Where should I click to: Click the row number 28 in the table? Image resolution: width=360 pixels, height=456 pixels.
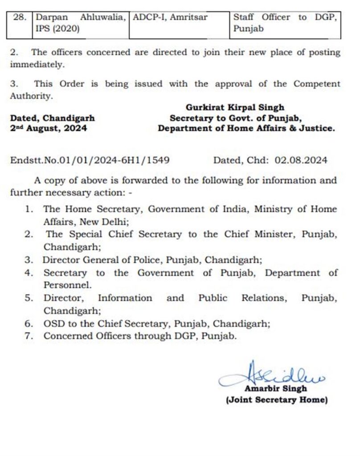[x=21, y=18]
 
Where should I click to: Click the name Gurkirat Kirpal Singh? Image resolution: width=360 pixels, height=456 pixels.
[x=235, y=107]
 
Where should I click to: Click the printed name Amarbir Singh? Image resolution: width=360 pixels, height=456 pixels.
[x=275, y=389]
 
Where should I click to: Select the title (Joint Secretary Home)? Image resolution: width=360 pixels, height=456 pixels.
[x=276, y=400]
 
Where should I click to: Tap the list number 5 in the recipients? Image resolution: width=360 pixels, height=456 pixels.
[x=29, y=298]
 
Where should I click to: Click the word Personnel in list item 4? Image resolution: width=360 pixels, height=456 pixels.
[x=68, y=285]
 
